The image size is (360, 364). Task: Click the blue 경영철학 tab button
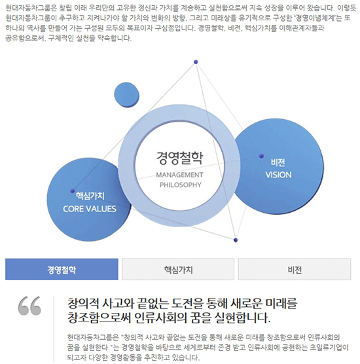tap(62, 269)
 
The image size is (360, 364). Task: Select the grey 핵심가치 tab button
tap(178, 269)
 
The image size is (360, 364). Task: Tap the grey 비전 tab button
tap(295, 269)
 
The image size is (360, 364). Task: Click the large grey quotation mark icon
tap(29, 306)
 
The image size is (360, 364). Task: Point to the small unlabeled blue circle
tap(126, 95)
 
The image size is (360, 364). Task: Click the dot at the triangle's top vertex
tap(196, 62)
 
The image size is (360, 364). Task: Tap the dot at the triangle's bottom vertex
tap(236, 240)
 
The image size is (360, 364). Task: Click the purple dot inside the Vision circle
tap(261, 156)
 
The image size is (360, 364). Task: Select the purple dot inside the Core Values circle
tap(73, 191)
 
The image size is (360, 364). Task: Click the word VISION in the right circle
tap(279, 175)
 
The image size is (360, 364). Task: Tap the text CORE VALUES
tap(90, 209)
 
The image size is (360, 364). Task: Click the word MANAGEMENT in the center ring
tap(179, 175)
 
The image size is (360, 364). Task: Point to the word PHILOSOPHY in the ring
tap(181, 185)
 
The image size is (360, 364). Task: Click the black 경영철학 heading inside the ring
tap(179, 158)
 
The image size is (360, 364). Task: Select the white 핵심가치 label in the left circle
tap(90, 196)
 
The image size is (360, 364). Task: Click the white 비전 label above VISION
tap(278, 162)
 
